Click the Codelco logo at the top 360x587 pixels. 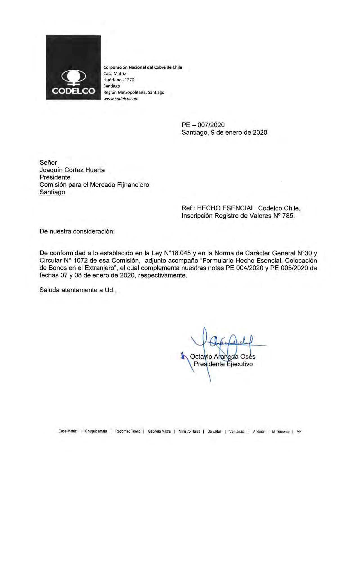point(73,67)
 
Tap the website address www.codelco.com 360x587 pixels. point(121,99)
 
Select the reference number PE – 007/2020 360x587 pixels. point(203,125)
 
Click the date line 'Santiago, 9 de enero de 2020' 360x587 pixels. point(224,132)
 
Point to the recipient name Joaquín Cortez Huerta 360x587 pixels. point(72,170)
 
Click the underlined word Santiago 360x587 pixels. point(52,192)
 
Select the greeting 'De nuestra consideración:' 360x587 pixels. point(77,231)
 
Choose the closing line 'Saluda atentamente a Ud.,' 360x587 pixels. point(78,290)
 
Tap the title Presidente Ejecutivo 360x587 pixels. point(223,364)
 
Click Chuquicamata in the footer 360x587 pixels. point(96,431)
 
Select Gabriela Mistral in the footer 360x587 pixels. point(159,431)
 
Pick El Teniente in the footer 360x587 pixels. point(280,431)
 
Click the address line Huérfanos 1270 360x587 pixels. point(119,80)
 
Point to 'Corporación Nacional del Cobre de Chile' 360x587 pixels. point(143,67)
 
